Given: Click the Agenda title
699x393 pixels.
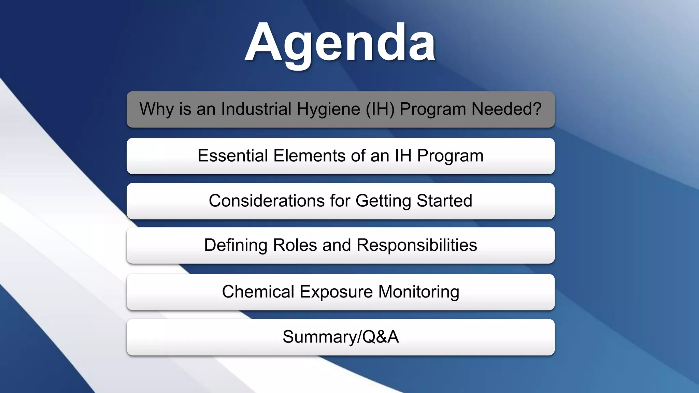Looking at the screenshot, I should (340, 43).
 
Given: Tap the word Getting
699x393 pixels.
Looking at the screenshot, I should (383, 201).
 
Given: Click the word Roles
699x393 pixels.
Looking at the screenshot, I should (295, 245).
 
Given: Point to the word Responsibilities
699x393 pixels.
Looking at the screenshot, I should (417, 245).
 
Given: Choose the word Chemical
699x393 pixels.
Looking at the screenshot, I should (258, 292).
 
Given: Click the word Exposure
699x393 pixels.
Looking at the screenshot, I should (336, 292).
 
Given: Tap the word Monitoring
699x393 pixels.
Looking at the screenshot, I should (419, 292).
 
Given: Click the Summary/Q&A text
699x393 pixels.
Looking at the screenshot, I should (341, 337).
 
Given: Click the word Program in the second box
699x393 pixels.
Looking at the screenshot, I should (450, 156).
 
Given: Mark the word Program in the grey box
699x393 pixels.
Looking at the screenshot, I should (433, 110).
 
